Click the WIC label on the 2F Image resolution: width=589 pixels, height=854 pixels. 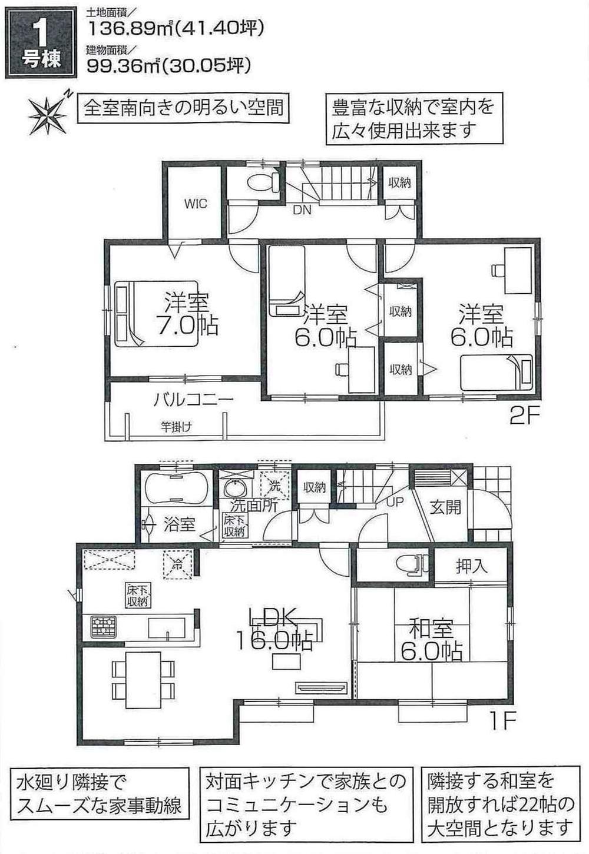(x=196, y=204)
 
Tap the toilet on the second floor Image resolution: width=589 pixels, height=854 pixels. (x=264, y=182)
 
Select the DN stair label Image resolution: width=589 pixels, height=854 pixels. (x=302, y=210)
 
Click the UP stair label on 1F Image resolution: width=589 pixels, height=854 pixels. (x=395, y=501)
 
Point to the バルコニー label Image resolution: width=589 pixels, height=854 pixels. (x=193, y=400)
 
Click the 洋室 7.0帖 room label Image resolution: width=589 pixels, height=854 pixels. (x=187, y=313)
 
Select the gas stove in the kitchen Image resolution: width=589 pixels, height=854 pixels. (x=104, y=627)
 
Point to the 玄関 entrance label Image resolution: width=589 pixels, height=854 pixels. (x=445, y=507)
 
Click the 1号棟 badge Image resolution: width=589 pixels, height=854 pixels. (x=41, y=45)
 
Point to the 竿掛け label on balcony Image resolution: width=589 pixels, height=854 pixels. (x=176, y=427)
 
